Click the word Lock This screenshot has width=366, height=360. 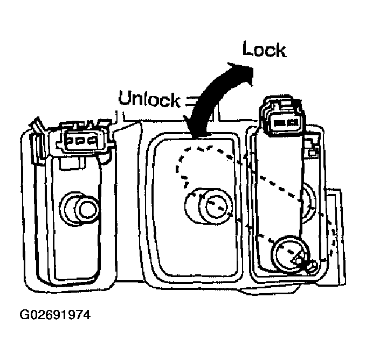pos(264,49)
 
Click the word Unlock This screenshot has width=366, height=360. pos(149,99)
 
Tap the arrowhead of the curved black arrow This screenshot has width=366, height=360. pos(243,72)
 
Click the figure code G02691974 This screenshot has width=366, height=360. pos(55,315)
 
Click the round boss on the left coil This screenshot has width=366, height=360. pos(80,209)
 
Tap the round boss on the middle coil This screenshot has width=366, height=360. pos(209,206)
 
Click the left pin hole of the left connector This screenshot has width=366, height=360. pos(70,141)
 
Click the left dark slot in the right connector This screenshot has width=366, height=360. pos(279,123)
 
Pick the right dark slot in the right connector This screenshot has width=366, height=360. pos(293,122)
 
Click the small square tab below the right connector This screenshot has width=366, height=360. pos(312,153)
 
